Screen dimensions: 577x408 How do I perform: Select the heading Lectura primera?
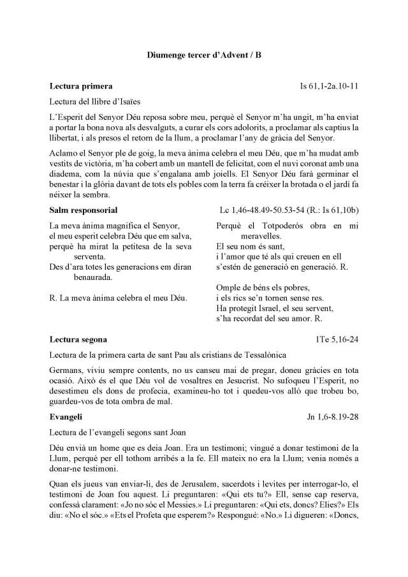coord(81,85)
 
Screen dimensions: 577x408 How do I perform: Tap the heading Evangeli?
coord(66,417)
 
